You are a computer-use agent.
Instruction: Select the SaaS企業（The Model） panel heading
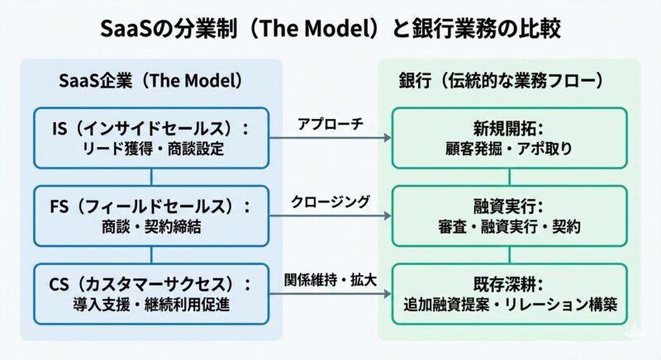click(x=150, y=82)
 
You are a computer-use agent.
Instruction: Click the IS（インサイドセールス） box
click(x=150, y=137)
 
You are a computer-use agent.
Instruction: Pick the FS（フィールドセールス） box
click(x=150, y=216)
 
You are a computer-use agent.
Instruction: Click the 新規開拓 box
click(x=510, y=137)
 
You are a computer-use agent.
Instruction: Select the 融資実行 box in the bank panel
click(x=510, y=216)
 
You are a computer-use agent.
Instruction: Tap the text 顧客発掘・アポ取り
click(x=510, y=149)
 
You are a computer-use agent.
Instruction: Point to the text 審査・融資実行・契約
click(x=510, y=227)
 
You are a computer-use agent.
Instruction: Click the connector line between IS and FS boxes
click(x=150, y=177)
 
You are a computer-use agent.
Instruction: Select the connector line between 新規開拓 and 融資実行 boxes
click(x=510, y=177)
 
